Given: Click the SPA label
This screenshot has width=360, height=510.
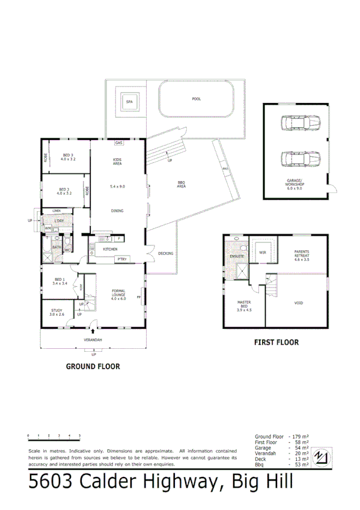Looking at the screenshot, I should tap(129, 103).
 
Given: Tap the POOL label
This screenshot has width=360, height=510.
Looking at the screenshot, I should tap(196, 99).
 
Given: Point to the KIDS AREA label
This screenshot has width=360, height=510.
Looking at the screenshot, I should tap(118, 161).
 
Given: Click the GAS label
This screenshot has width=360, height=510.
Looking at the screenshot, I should tap(118, 143).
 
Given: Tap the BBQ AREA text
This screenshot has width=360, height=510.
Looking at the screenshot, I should tap(181, 185).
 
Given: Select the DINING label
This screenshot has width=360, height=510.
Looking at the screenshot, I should tap(118, 211).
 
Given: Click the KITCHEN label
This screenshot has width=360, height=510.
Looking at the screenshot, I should tap(110, 249).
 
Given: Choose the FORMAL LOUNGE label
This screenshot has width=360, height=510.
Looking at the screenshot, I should tap(118, 295).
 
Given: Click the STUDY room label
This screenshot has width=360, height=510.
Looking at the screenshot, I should tap(56, 312).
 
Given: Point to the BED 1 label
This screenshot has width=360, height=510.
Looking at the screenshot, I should tap(59, 281).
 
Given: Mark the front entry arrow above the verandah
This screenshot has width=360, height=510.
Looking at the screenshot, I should tap(93, 330).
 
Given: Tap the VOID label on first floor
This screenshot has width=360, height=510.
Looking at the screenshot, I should tap(299, 303).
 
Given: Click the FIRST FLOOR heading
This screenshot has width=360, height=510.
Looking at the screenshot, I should tap(276, 342).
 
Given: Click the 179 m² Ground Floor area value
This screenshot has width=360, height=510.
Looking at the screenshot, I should tap(299, 436).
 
